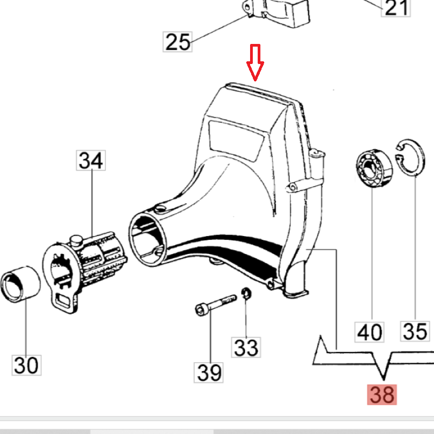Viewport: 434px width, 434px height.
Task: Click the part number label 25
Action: point(178,41)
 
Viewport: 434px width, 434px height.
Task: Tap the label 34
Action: point(91,161)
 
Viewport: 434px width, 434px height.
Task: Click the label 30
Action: point(27,365)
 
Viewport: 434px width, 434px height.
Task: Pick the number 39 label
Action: point(209,372)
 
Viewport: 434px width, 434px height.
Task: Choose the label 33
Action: point(247,347)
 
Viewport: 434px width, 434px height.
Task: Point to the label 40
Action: point(369,331)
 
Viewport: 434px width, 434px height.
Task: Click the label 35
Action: point(415,330)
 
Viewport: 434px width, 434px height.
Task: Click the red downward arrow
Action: point(255,62)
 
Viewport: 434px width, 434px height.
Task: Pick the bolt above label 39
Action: point(214,303)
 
